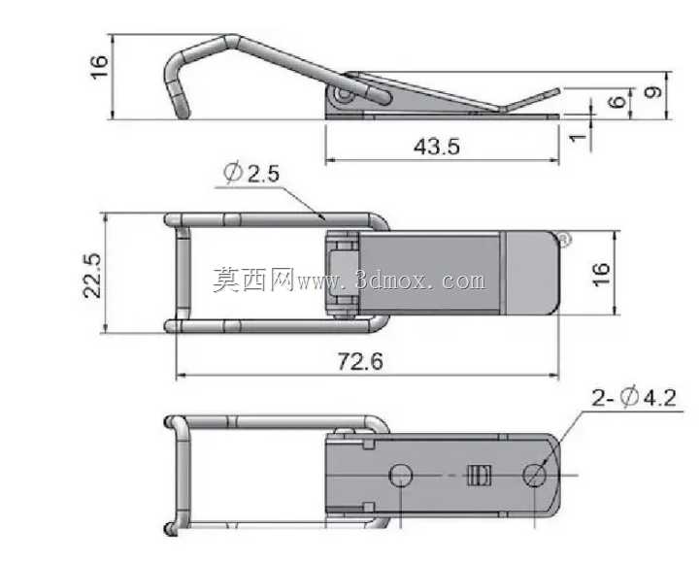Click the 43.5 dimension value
(436, 147)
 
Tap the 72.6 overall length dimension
(360, 361)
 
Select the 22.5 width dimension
(93, 276)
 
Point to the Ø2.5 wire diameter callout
(251, 173)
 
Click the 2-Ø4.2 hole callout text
(634, 397)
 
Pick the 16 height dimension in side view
(99, 67)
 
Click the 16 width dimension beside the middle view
(601, 274)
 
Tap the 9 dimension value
(652, 92)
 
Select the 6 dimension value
(617, 102)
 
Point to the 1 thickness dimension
(578, 137)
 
